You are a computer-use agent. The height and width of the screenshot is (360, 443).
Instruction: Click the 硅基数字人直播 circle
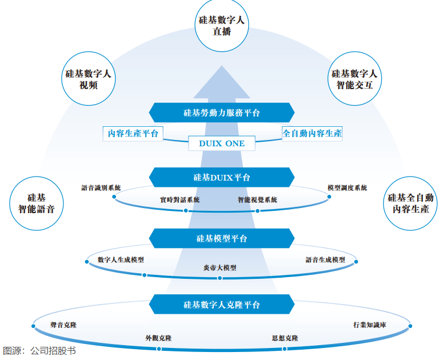221,26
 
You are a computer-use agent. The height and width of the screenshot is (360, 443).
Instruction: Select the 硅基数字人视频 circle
88,79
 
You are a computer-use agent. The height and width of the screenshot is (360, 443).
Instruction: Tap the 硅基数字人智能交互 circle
354,79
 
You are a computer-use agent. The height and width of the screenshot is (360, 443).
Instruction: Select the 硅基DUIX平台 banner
221,177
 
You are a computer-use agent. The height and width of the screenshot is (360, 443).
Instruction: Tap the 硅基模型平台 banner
221,238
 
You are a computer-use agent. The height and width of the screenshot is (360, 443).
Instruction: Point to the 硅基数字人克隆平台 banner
221,305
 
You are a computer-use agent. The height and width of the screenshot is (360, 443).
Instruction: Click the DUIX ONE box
221,143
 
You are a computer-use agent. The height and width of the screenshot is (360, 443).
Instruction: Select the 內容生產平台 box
132,133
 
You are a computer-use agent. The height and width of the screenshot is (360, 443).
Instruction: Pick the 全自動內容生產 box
312,133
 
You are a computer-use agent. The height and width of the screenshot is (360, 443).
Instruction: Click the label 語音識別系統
101,187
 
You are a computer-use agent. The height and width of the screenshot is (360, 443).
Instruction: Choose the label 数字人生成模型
121,259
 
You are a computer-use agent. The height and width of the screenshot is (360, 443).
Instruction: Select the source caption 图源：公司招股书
39,351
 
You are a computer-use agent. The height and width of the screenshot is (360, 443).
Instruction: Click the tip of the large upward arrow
221,65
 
